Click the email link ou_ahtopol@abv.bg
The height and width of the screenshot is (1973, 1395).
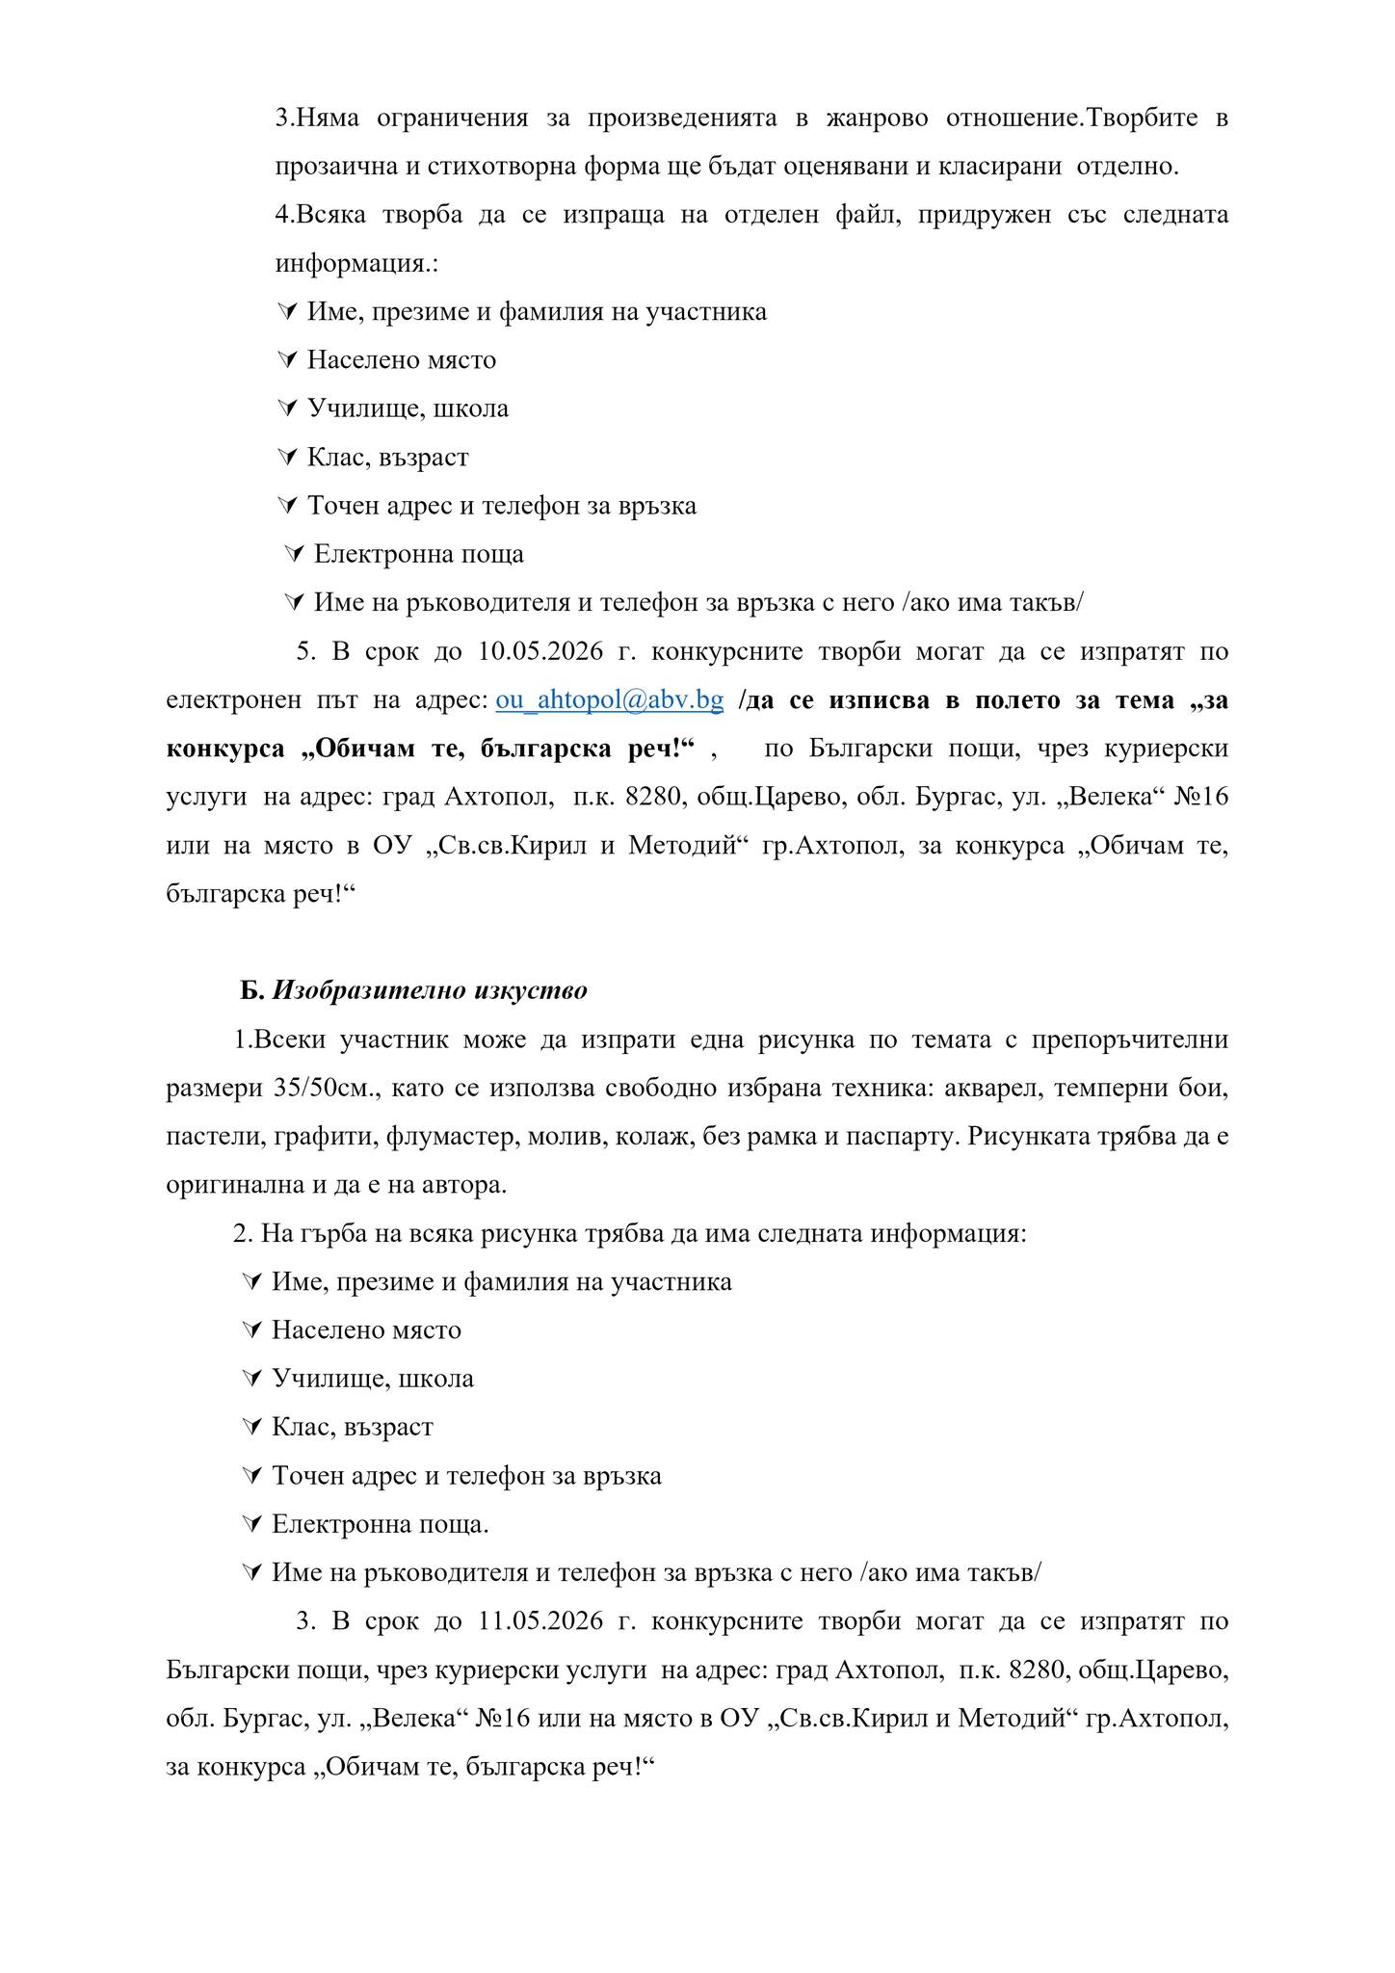point(609,700)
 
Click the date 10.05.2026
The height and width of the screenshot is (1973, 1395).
point(540,651)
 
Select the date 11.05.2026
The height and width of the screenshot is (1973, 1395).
point(540,1620)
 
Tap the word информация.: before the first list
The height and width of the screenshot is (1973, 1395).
point(356,263)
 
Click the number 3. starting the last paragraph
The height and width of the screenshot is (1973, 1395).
point(306,1620)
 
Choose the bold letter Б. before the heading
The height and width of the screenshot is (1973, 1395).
point(251,990)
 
